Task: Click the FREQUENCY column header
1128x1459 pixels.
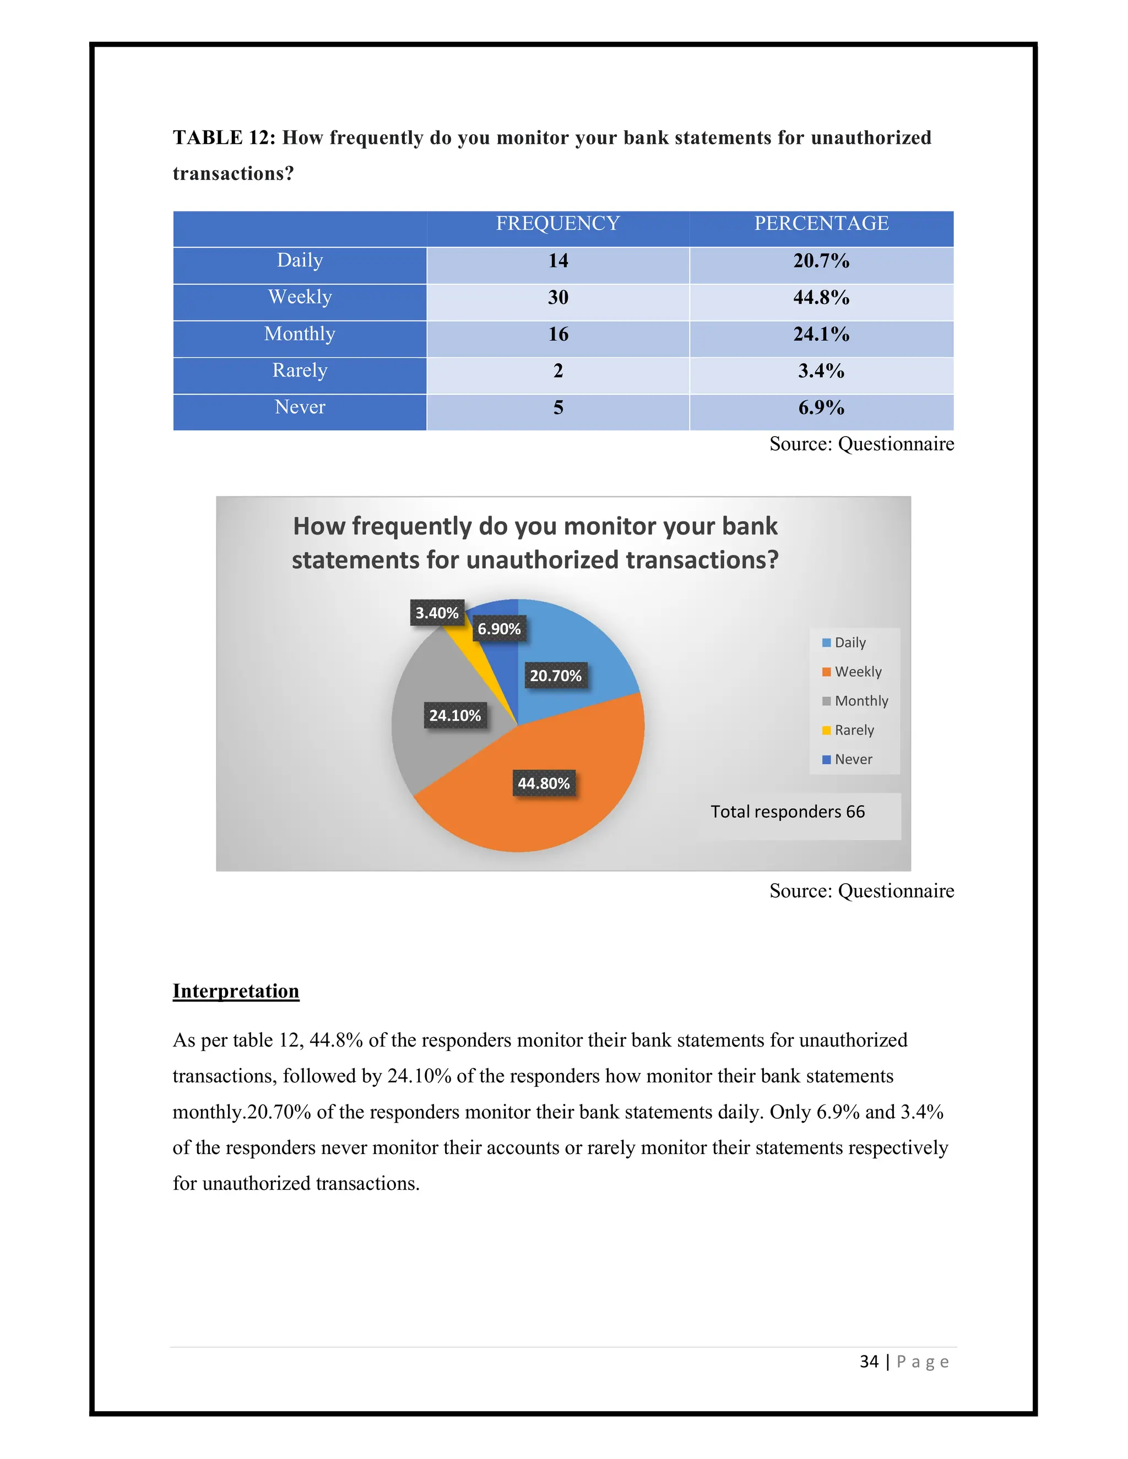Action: tap(557, 223)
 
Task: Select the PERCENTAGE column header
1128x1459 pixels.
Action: tap(821, 223)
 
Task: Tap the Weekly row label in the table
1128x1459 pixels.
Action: tap(300, 297)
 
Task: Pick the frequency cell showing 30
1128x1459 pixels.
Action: tap(558, 297)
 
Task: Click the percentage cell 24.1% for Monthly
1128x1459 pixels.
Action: tap(821, 334)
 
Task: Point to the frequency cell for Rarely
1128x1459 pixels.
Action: tap(558, 371)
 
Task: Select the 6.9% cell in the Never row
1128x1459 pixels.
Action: tap(821, 407)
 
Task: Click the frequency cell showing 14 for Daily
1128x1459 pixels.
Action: tap(558, 260)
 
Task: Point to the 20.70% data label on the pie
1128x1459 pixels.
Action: tap(555, 676)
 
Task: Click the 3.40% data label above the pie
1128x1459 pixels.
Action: tap(436, 613)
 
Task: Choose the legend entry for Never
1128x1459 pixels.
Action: tap(853, 759)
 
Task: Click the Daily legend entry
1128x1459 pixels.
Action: tap(849, 642)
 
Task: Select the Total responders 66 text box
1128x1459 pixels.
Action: tap(787, 812)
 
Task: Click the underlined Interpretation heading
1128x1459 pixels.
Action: tap(235, 990)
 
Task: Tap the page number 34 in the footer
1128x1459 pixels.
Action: tap(869, 1362)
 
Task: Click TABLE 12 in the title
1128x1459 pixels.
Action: tap(224, 138)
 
